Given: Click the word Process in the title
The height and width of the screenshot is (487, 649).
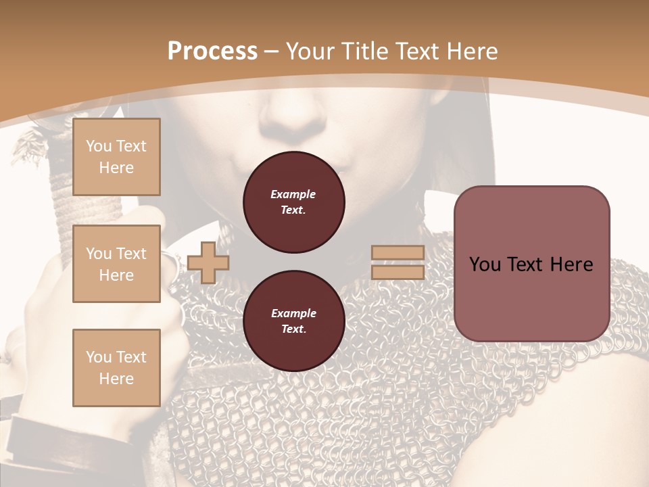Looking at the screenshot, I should click(212, 51).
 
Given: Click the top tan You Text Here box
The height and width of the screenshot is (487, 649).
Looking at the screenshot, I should click(116, 157).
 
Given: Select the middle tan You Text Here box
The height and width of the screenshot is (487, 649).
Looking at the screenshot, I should click(116, 264).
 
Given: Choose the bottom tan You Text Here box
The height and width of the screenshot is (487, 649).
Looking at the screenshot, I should click(116, 367).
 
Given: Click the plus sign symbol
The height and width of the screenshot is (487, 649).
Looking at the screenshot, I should click(208, 262).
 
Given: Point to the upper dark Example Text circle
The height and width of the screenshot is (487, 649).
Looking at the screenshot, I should click(293, 202).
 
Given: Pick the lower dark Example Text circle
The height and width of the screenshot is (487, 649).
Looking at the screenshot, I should click(293, 321).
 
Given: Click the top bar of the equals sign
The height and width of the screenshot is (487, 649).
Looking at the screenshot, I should click(398, 253).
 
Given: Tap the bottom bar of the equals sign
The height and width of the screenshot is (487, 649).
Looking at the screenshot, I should click(398, 272).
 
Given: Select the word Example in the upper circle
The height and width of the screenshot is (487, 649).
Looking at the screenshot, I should click(293, 194).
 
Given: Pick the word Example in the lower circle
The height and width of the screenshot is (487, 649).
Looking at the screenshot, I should click(293, 313).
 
